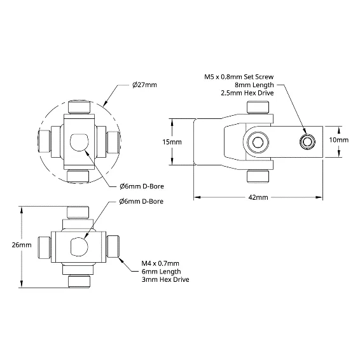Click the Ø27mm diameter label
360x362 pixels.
[x=144, y=85]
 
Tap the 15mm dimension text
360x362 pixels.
[x=172, y=142]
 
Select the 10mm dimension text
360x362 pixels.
[x=339, y=140]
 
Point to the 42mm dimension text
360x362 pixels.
[x=258, y=197]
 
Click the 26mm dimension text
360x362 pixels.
[x=22, y=245]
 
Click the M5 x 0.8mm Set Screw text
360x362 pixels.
[x=239, y=77]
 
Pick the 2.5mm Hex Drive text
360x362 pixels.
[x=247, y=93]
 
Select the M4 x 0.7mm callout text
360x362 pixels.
[x=160, y=263]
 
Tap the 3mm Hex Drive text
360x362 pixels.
[x=165, y=279]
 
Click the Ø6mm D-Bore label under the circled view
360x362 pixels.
[x=142, y=186]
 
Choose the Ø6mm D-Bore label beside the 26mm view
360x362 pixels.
[x=141, y=201]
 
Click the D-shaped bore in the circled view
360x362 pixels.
[x=79, y=143]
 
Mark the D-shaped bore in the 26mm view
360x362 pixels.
[x=79, y=247]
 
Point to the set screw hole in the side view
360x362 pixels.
[x=307, y=142]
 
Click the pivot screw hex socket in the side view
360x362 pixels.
[x=258, y=142]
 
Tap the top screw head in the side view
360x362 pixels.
[x=258, y=108]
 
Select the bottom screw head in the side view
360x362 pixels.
[x=258, y=176]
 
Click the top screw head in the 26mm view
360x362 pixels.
[x=78, y=212]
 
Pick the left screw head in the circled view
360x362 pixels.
[x=44, y=141]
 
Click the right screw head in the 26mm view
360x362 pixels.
[x=113, y=246]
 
